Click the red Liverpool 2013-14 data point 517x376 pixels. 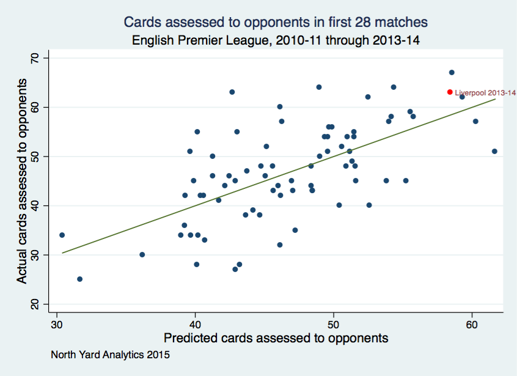[x=450, y=92]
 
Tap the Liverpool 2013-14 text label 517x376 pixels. [x=486, y=93]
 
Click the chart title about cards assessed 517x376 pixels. [x=276, y=22]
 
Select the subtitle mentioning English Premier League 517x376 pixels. [x=276, y=40]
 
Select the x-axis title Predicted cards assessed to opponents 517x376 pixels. [x=276, y=338]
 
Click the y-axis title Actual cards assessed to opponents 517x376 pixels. [x=22, y=181]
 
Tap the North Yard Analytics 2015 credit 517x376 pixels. [x=110, y=354]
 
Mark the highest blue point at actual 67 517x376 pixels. [x=452, y=72]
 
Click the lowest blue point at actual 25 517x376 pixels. [x=79, y=279]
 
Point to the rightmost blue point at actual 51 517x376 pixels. [x=494, y=151]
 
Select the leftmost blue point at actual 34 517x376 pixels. [x=62, y=235]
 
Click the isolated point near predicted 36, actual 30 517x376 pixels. [x=142, y=254]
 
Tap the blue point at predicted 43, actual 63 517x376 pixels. [x=232, y=92]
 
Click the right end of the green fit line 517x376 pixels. [x=495, y=99]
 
